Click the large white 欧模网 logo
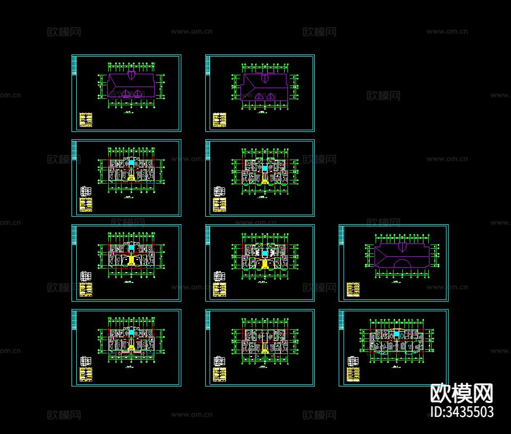tap(461, 394)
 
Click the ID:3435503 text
tap(461, 412)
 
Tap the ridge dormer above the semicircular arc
tap(401, 247)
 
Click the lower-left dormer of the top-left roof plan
tap(125, 93)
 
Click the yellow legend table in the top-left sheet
tap(85, 120)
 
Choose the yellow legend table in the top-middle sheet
tap(219, 120)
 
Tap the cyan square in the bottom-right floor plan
tap(397, 334)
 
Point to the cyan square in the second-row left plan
tap(131, 162)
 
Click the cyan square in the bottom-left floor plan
tap(131, 333)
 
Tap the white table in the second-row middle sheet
tap(219, 191)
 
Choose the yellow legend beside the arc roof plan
tap(352, 289)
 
